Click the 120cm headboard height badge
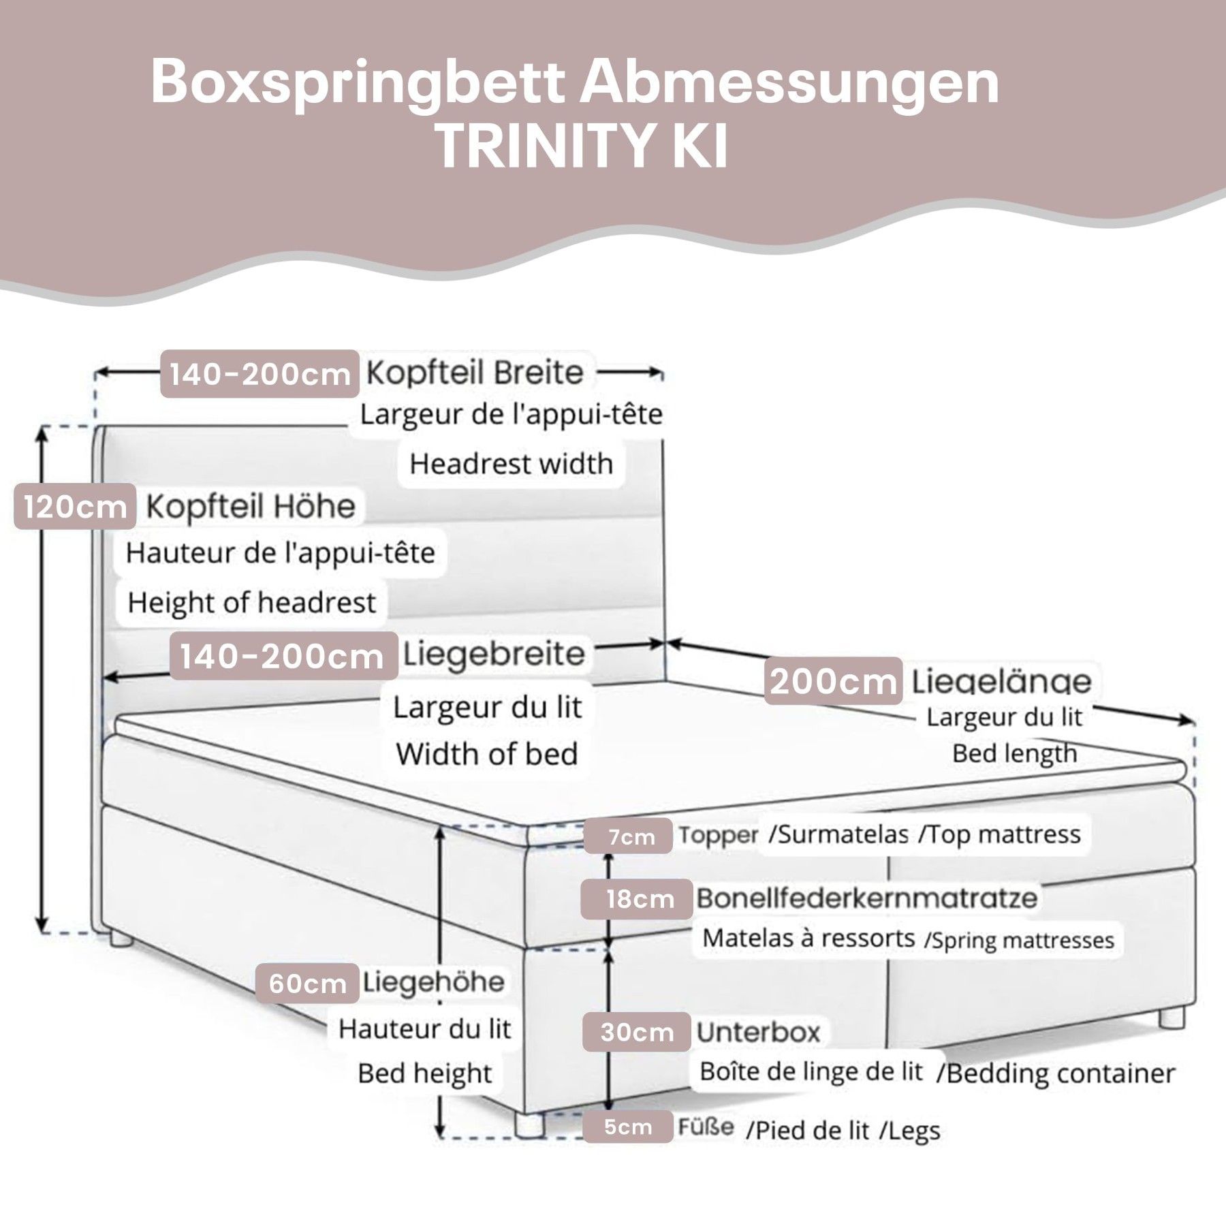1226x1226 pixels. pos(75,507)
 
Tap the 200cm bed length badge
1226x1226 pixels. pos(833,680)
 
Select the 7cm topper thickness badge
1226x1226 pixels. pos(631,836)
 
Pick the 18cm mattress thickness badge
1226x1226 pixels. pos(638,899)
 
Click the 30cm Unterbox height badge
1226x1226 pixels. pos(636,1033)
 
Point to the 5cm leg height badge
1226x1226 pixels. pos(627,1127)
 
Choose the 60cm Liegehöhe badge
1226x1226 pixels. pos(307,984)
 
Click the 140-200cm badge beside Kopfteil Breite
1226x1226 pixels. pos(260,374)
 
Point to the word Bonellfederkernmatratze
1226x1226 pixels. pos(866,898)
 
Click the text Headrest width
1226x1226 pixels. pos(511,464)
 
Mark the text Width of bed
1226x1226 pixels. pos(486,754)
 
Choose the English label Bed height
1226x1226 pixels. pos(424,1074)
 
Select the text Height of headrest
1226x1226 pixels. pos(251,603)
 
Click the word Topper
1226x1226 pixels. pos(718,835)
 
